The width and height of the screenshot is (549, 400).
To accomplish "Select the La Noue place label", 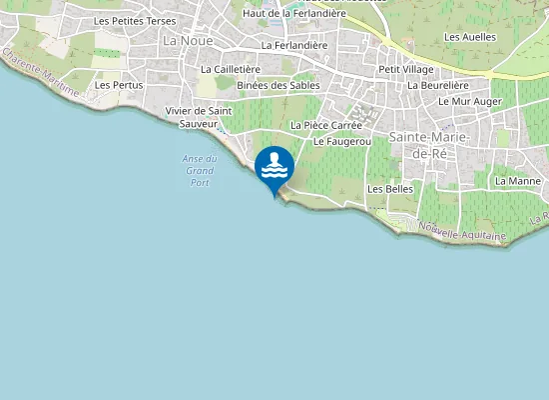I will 182,40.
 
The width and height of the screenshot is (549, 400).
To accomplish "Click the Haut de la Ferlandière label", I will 294,14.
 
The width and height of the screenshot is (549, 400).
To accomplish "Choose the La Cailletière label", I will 231,70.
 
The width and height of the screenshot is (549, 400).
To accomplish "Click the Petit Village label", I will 405,70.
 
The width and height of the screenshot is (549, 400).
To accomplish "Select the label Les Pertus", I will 119,85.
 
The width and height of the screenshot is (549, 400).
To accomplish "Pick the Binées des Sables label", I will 278,86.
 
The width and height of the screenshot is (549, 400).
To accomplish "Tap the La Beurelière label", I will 438,86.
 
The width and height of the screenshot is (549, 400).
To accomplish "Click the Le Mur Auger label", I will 470,102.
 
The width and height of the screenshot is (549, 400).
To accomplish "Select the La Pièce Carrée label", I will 326,125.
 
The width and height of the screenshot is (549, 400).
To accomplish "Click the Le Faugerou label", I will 342,142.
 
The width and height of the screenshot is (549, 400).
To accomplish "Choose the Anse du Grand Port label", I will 200,171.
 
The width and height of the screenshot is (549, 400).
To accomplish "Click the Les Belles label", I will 390,188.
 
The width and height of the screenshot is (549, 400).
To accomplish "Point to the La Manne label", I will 517,181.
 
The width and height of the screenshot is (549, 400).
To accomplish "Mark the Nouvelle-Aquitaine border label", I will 461,232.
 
